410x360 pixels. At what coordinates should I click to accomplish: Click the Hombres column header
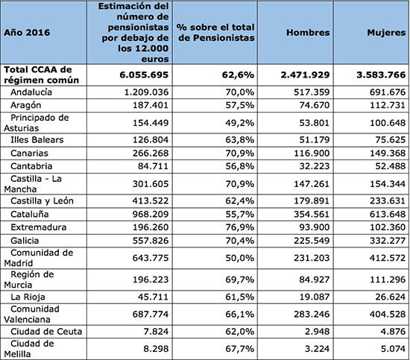point(308,32)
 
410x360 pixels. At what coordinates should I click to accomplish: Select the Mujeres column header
point(386,32)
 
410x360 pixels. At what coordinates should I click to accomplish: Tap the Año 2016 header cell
point(27,32)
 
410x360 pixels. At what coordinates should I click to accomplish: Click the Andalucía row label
point(31,92)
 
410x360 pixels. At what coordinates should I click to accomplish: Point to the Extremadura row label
point(39,227)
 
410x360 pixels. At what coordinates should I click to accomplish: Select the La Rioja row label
point(28,297)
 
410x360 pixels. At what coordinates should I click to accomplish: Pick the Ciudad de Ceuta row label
point(46,332)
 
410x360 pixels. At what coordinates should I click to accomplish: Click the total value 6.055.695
point(144,75)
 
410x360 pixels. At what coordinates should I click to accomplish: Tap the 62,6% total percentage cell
point(238,75)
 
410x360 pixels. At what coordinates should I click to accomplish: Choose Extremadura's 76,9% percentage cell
point(239,227)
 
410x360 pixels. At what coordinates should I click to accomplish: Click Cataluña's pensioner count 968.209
point(151,215)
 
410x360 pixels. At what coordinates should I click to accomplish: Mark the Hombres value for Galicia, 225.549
point(312,241)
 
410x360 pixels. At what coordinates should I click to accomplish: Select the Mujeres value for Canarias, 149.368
point(388,154)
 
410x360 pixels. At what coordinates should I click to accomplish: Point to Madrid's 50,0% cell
point(239,258)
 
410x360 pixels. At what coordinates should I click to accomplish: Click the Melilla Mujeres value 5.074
point(393,349)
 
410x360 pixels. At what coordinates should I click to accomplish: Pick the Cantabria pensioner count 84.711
point(154,166)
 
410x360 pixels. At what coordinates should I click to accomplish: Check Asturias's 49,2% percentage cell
point(239,123)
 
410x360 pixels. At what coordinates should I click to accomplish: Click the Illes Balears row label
point(37,140)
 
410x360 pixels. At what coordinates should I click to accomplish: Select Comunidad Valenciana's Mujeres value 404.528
point(388,314)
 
